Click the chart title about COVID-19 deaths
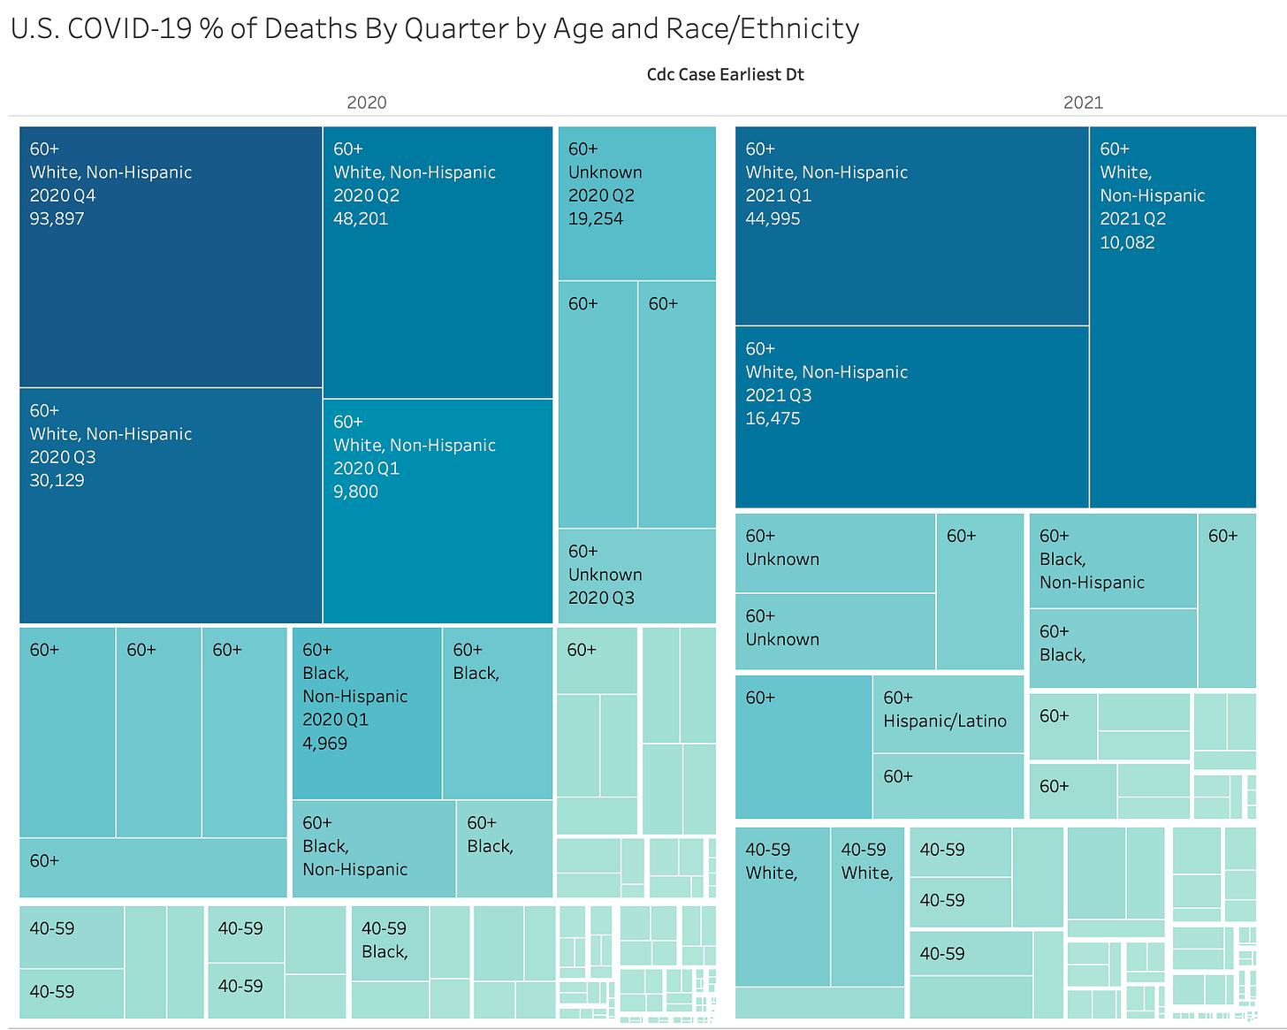(x=434, y=29)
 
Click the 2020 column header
(x=366, y=103)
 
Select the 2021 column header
(x=1083, y=103)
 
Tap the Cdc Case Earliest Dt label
(x=725, y=74)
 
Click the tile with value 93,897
(x=170, y=257)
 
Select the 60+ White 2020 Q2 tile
(x=438, y=263)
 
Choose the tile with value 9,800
(x=438, y=511)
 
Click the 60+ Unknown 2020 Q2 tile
(x=636, y=203)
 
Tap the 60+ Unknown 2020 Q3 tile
(x=636, y=576)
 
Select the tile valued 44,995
(x=911, y=226)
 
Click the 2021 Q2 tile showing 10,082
(x=1172, y=317)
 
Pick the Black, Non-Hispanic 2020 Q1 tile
(x=367, y=713)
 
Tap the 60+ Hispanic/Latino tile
(x=948, y=714)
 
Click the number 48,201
(x=361, y=219)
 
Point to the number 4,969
(x=324, y=744)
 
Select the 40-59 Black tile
(x=390, y=942)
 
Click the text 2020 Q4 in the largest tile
(x=63, y=195)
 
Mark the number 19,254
(x=595, y=219)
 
